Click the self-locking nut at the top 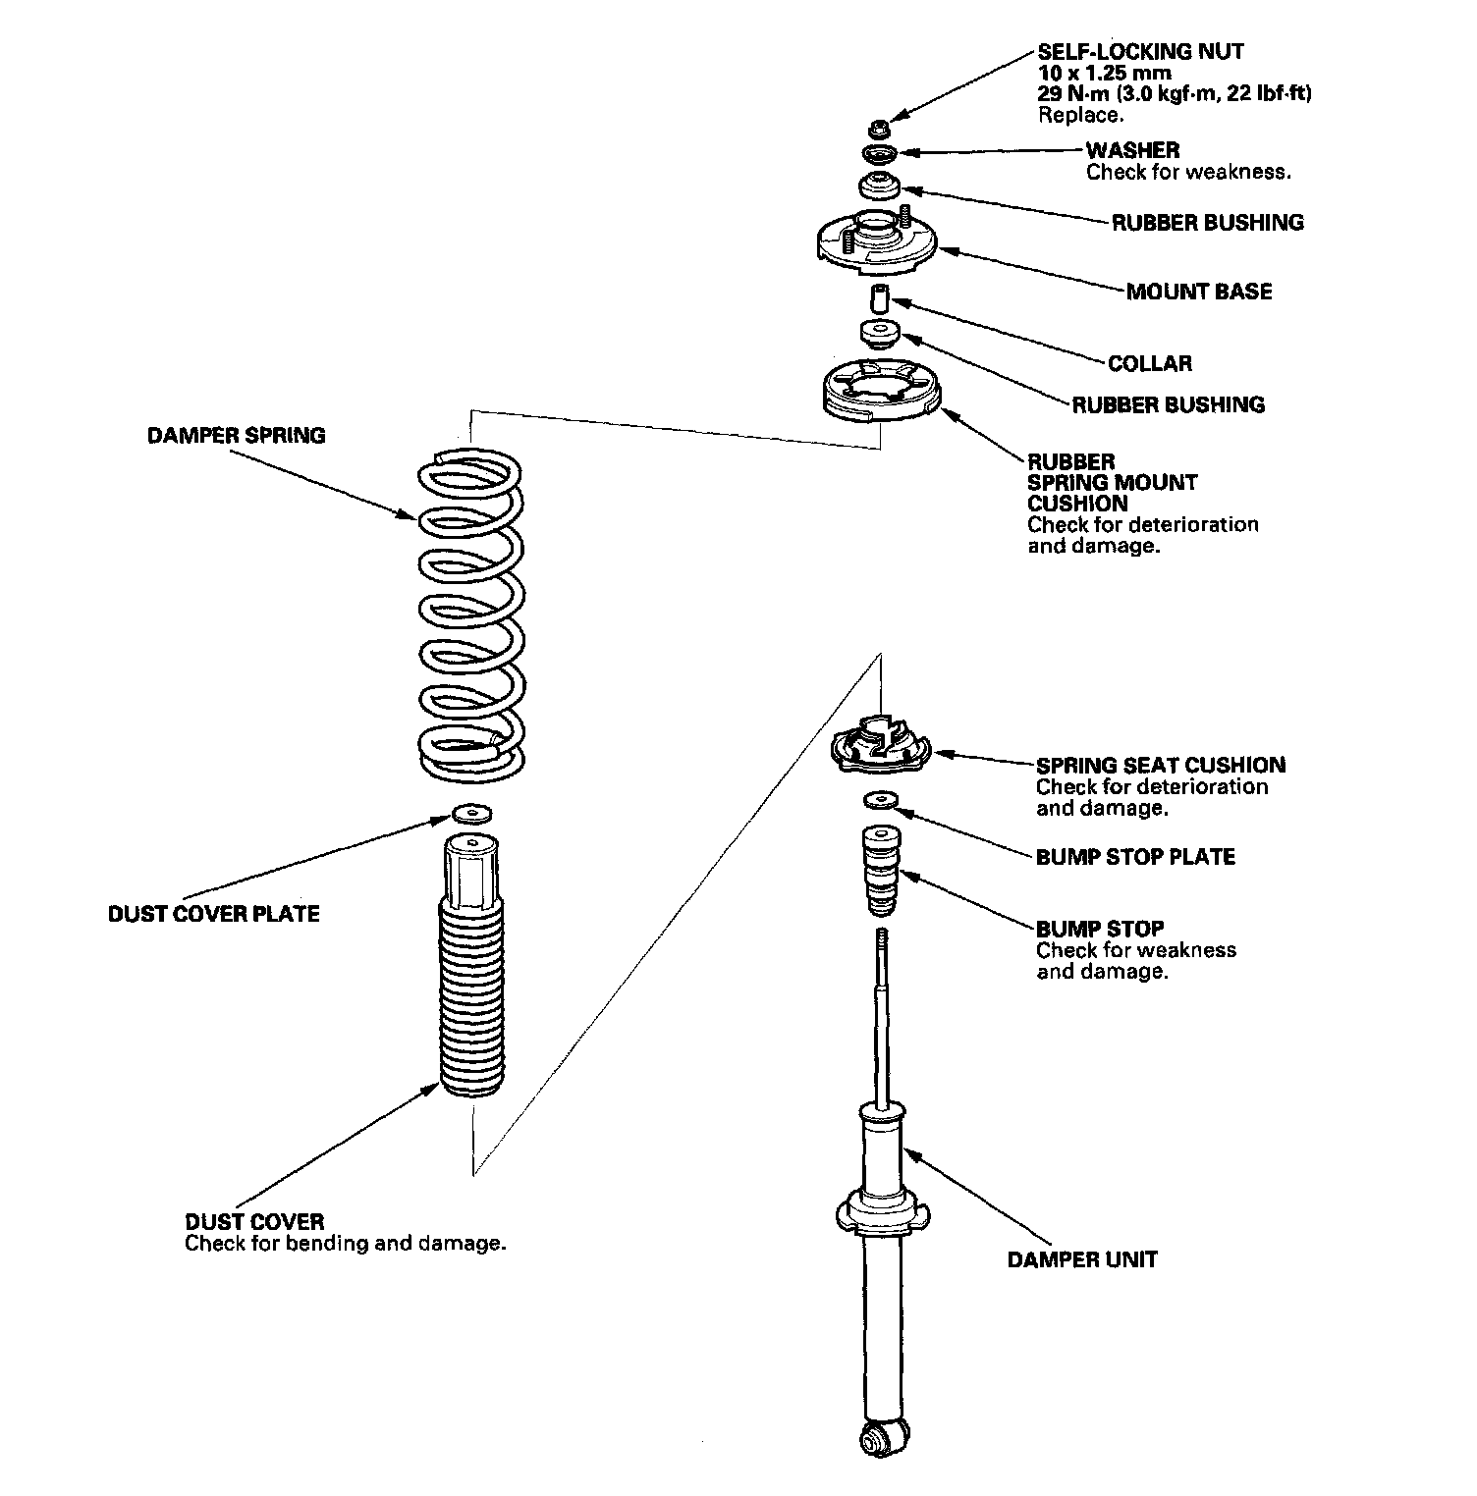(x=879, y=128)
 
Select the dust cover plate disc (x=471, y=813)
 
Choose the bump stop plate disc (x=880, y=800)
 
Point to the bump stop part (x=880, y=869)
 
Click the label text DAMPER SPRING (x=236, y=435)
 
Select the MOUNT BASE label (x=1199, y=292)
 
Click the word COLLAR (x=1150, y=363)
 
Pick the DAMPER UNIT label (x=1082, y=1259)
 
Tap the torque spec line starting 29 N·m (x=1176, y=93)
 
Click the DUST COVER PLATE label (x=214, y=914)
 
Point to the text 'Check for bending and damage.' (x=346, y=1244)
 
